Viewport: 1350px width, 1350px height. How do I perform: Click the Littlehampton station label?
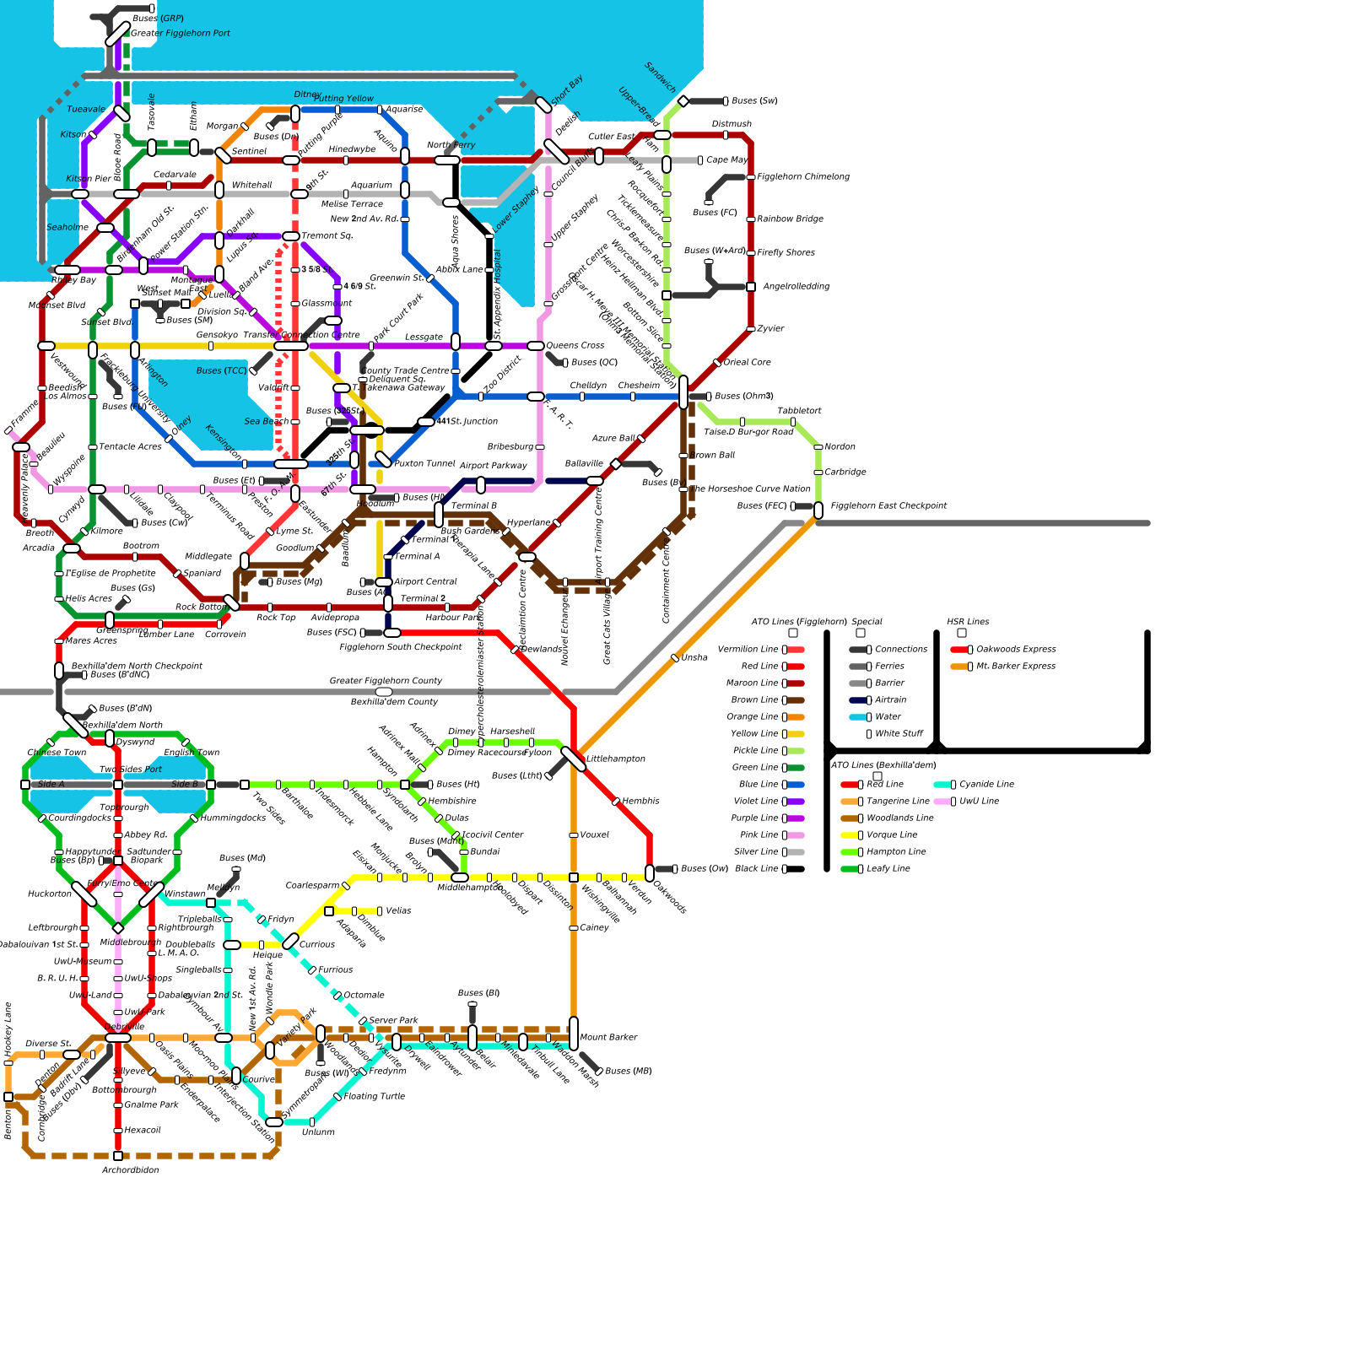(615, 759)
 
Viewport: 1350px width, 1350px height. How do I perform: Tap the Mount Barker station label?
(607, 1038)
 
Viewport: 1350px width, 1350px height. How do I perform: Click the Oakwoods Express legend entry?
(1015, 650)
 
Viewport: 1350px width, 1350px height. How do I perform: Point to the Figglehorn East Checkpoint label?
(888, 506)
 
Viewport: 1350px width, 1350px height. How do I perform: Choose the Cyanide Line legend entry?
(985, 785)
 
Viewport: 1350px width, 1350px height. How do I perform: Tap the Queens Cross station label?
(575, 346)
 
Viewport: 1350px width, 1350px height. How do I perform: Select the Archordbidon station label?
(130, 1171)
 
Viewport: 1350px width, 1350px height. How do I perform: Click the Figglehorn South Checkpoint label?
(400, 647)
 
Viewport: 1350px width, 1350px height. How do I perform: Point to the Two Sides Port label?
(130, 769)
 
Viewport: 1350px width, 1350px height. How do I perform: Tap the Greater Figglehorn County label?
(386, 681)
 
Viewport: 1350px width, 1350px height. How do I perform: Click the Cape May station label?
(726, 160)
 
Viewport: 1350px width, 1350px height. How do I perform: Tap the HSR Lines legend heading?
(967, 622)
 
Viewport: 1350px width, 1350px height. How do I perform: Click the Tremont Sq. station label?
(327, 236)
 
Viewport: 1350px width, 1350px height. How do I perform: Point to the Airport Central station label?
(425, 582)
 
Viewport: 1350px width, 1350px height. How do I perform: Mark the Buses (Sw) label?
(754, 101)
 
